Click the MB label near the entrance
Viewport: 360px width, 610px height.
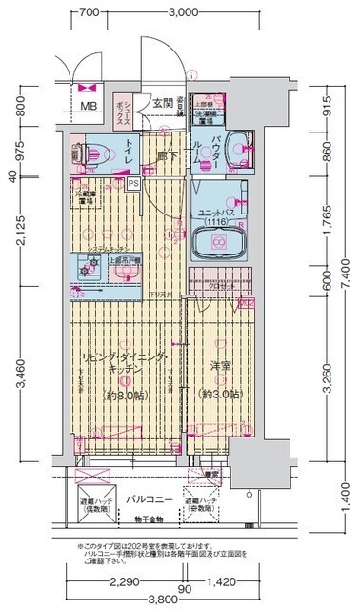pos(88,107)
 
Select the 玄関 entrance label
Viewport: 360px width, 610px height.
pos(162,102)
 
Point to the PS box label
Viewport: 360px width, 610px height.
pos(133,183)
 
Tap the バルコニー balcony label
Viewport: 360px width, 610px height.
pos(149,498)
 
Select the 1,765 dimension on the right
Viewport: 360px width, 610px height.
pos(325,221)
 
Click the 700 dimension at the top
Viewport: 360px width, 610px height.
pos(90,12)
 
